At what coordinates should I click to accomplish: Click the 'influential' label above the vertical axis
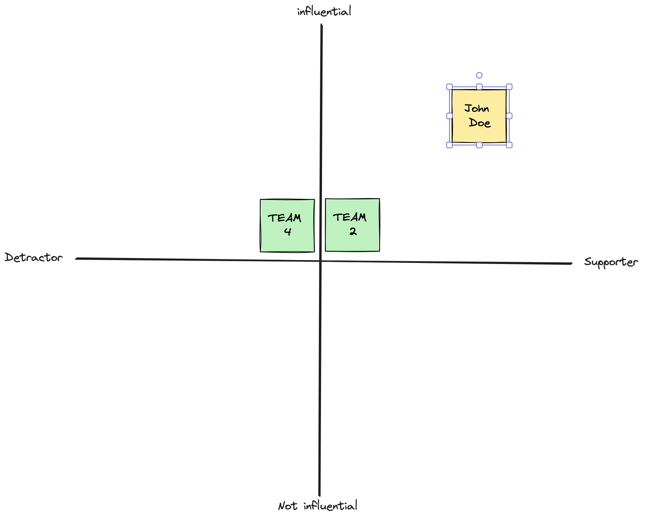click(324, 11)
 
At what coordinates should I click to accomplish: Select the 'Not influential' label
click(318, 505)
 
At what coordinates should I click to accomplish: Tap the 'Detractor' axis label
click(34, 257)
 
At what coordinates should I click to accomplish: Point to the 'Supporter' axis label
click(611, 262)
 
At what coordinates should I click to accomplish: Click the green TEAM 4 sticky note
click(287, 226)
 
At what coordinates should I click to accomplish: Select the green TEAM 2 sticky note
click(352, 225)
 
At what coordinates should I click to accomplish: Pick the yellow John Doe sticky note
click(479, 116)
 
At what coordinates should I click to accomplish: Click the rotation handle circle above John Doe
click(479, 75)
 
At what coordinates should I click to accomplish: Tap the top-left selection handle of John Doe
click(449, 87)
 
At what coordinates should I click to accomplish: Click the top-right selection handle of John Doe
click(509, 87)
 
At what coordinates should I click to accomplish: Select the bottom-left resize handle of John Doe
click(449, 145)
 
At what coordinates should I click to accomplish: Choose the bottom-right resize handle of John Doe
click(509, 145)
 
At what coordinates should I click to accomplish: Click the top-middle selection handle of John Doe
click(479, 87)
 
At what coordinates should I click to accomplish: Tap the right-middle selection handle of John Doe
click(509, 116)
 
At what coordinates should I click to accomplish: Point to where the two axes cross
click(321, 261)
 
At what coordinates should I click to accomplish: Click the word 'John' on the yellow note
click(477, 108)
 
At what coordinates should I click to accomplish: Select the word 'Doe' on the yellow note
click(480, 123)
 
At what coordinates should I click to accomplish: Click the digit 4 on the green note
click(288, 232)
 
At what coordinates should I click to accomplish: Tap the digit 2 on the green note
click(353, 231)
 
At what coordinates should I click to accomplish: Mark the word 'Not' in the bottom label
click(287, 506)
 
